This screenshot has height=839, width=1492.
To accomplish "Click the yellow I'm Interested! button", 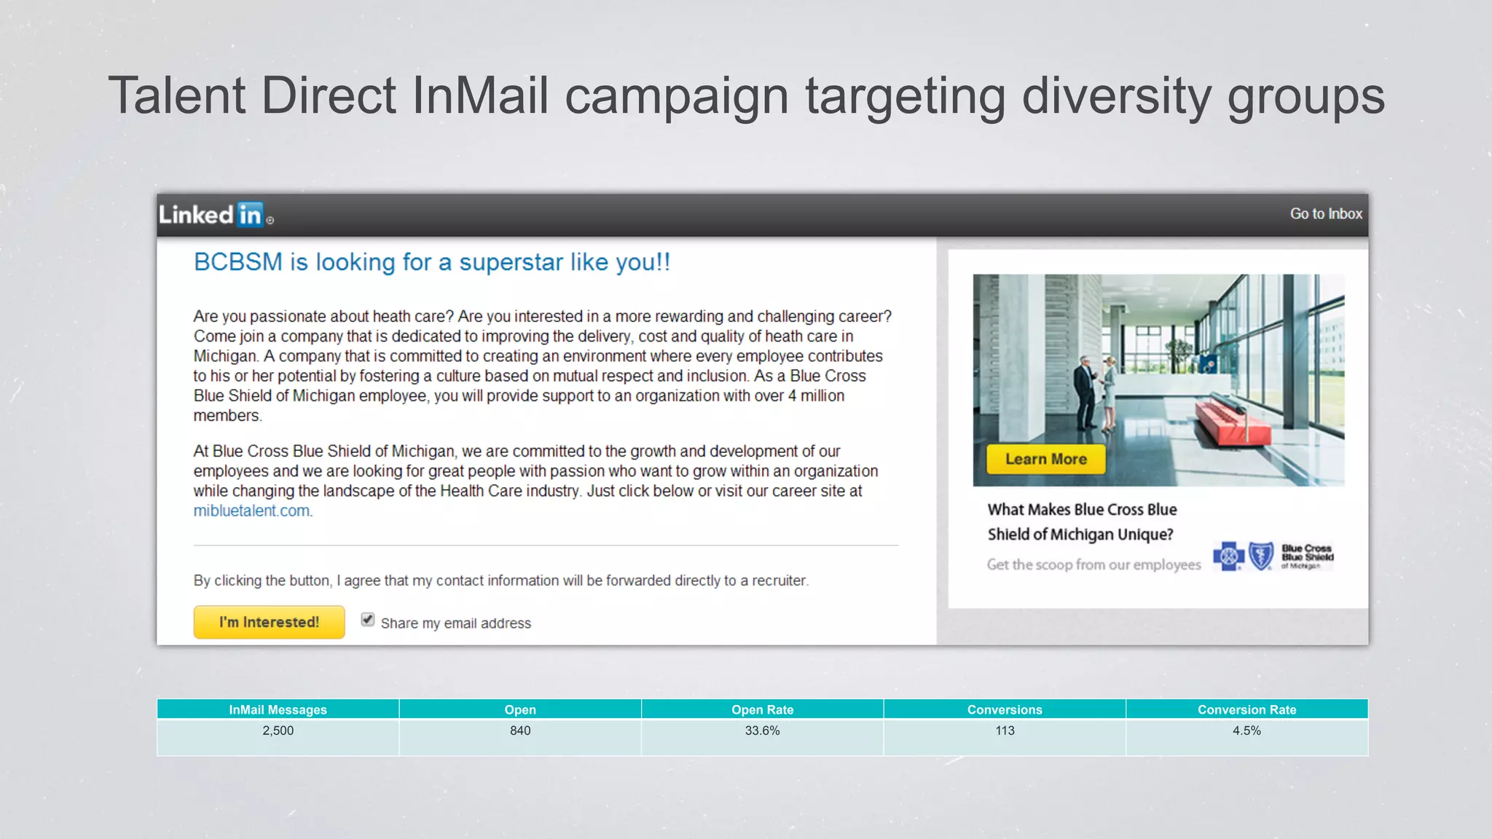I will [269, 622].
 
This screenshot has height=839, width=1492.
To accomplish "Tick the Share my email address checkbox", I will [368, 620].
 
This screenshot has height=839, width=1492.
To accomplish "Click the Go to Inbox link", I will [1325, 214].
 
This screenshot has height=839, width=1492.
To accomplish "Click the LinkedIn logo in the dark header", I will [216, 215].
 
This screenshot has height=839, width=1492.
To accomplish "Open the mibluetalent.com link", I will [251, 511].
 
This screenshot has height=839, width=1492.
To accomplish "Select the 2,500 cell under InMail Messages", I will [278, 730].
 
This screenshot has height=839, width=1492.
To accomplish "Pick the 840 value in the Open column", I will [520, 730].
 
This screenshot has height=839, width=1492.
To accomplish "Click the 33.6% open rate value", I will [762, 730].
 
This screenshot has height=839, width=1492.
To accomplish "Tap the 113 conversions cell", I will [1005, 730].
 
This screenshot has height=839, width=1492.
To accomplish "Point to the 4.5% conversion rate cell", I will [1246, 730].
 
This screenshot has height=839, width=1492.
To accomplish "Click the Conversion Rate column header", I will [1246, 709].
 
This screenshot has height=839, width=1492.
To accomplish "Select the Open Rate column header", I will [762, 709].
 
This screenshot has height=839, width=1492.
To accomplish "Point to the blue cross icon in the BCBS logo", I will [1228, 557].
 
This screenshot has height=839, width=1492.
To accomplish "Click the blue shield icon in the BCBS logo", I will [1261, 557].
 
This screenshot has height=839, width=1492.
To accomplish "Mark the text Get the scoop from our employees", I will [1094, 564].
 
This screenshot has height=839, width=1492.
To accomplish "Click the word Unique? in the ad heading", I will [1145, 535].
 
